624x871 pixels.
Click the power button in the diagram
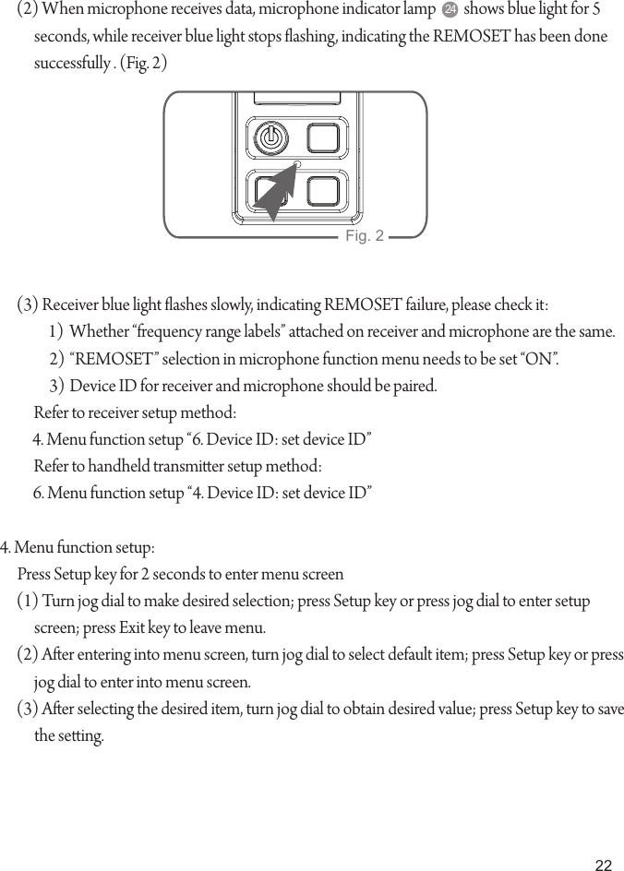coord(269,139)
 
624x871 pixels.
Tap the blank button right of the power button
coord(324,139)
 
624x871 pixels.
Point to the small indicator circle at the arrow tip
coord(297,164)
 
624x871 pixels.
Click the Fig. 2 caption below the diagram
coord(364,237)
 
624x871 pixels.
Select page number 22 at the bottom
coord(603,865)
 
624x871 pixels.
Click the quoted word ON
coord(539,359)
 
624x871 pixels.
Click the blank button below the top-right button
coord(324,190)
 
